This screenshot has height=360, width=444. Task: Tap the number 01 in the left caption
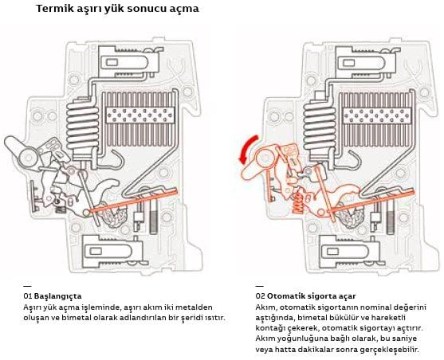(x=28, y=296)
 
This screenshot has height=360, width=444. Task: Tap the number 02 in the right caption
(x=260, y=296)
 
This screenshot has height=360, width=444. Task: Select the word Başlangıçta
(x=57, y=296)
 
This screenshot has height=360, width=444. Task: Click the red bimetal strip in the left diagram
(x=133, y=202)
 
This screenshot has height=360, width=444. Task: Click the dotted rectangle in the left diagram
(x=139, y=115)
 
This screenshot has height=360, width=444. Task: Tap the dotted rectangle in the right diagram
(x=376, y=115)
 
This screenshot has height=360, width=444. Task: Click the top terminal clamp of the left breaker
(x=128, y=62)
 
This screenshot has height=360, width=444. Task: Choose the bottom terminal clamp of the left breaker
(x=112, y=252)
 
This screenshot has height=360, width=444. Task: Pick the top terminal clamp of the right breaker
(x=365, y=62)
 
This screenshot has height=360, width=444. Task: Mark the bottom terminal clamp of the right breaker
(x=350, y=252)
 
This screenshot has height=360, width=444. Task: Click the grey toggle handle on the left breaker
(x=22, y=153)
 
